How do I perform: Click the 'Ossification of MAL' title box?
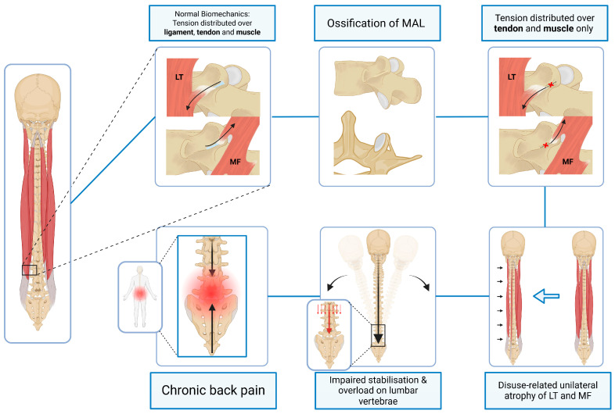[x=377, y=23]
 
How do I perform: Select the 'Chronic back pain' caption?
[x=213, y=390]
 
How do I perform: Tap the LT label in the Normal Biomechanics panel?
[x=179, y=77]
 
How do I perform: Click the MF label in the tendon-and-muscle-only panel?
[x=567, y=162]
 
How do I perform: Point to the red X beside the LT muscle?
[x=551, y=84]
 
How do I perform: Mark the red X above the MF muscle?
[x=545, y=145]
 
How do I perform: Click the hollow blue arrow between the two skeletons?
[x=546, y=296]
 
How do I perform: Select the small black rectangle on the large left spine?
[x=30, y=269]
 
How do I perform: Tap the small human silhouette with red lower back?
[x=140, y=296]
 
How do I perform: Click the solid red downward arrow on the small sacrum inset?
[x=329, y=319]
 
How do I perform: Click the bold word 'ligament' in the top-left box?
[x=178, y=32]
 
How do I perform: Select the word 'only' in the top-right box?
[x=584, y=29]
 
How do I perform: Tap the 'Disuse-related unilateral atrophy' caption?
[x=548, y=390]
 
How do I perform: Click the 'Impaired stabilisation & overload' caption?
[x=378, y=390]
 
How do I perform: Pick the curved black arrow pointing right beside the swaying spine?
[x=421, y=280]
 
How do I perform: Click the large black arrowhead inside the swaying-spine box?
[x=378, y=338]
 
